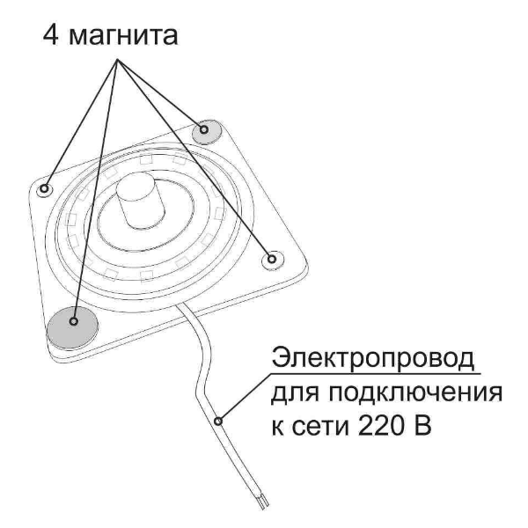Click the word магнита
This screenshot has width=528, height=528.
pyautogui.click(x=123, y=37)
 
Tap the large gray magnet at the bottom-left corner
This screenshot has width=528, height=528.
pyautogui.click(x=73, y=327)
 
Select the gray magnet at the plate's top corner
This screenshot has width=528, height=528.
pyautogui.click(x=207, y=132)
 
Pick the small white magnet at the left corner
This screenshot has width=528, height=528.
pyautogui.click(x=45, y=189)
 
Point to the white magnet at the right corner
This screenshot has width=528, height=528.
pyautogui.click(x=273, y=260)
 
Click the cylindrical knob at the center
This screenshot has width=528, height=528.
pyautogui.click(x=140, y=201)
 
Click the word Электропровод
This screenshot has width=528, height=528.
pyautogui.click(x=373, y=358)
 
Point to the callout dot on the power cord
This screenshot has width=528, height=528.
pyautogui.click(x=218, y=422)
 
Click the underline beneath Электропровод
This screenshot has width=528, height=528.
pyautogui.click(x=376, y=373)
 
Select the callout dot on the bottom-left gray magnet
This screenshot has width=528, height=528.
pyautogui.click(x=74, y=321)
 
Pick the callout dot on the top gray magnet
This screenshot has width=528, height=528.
pyautogui.click(x=204, y=129)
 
